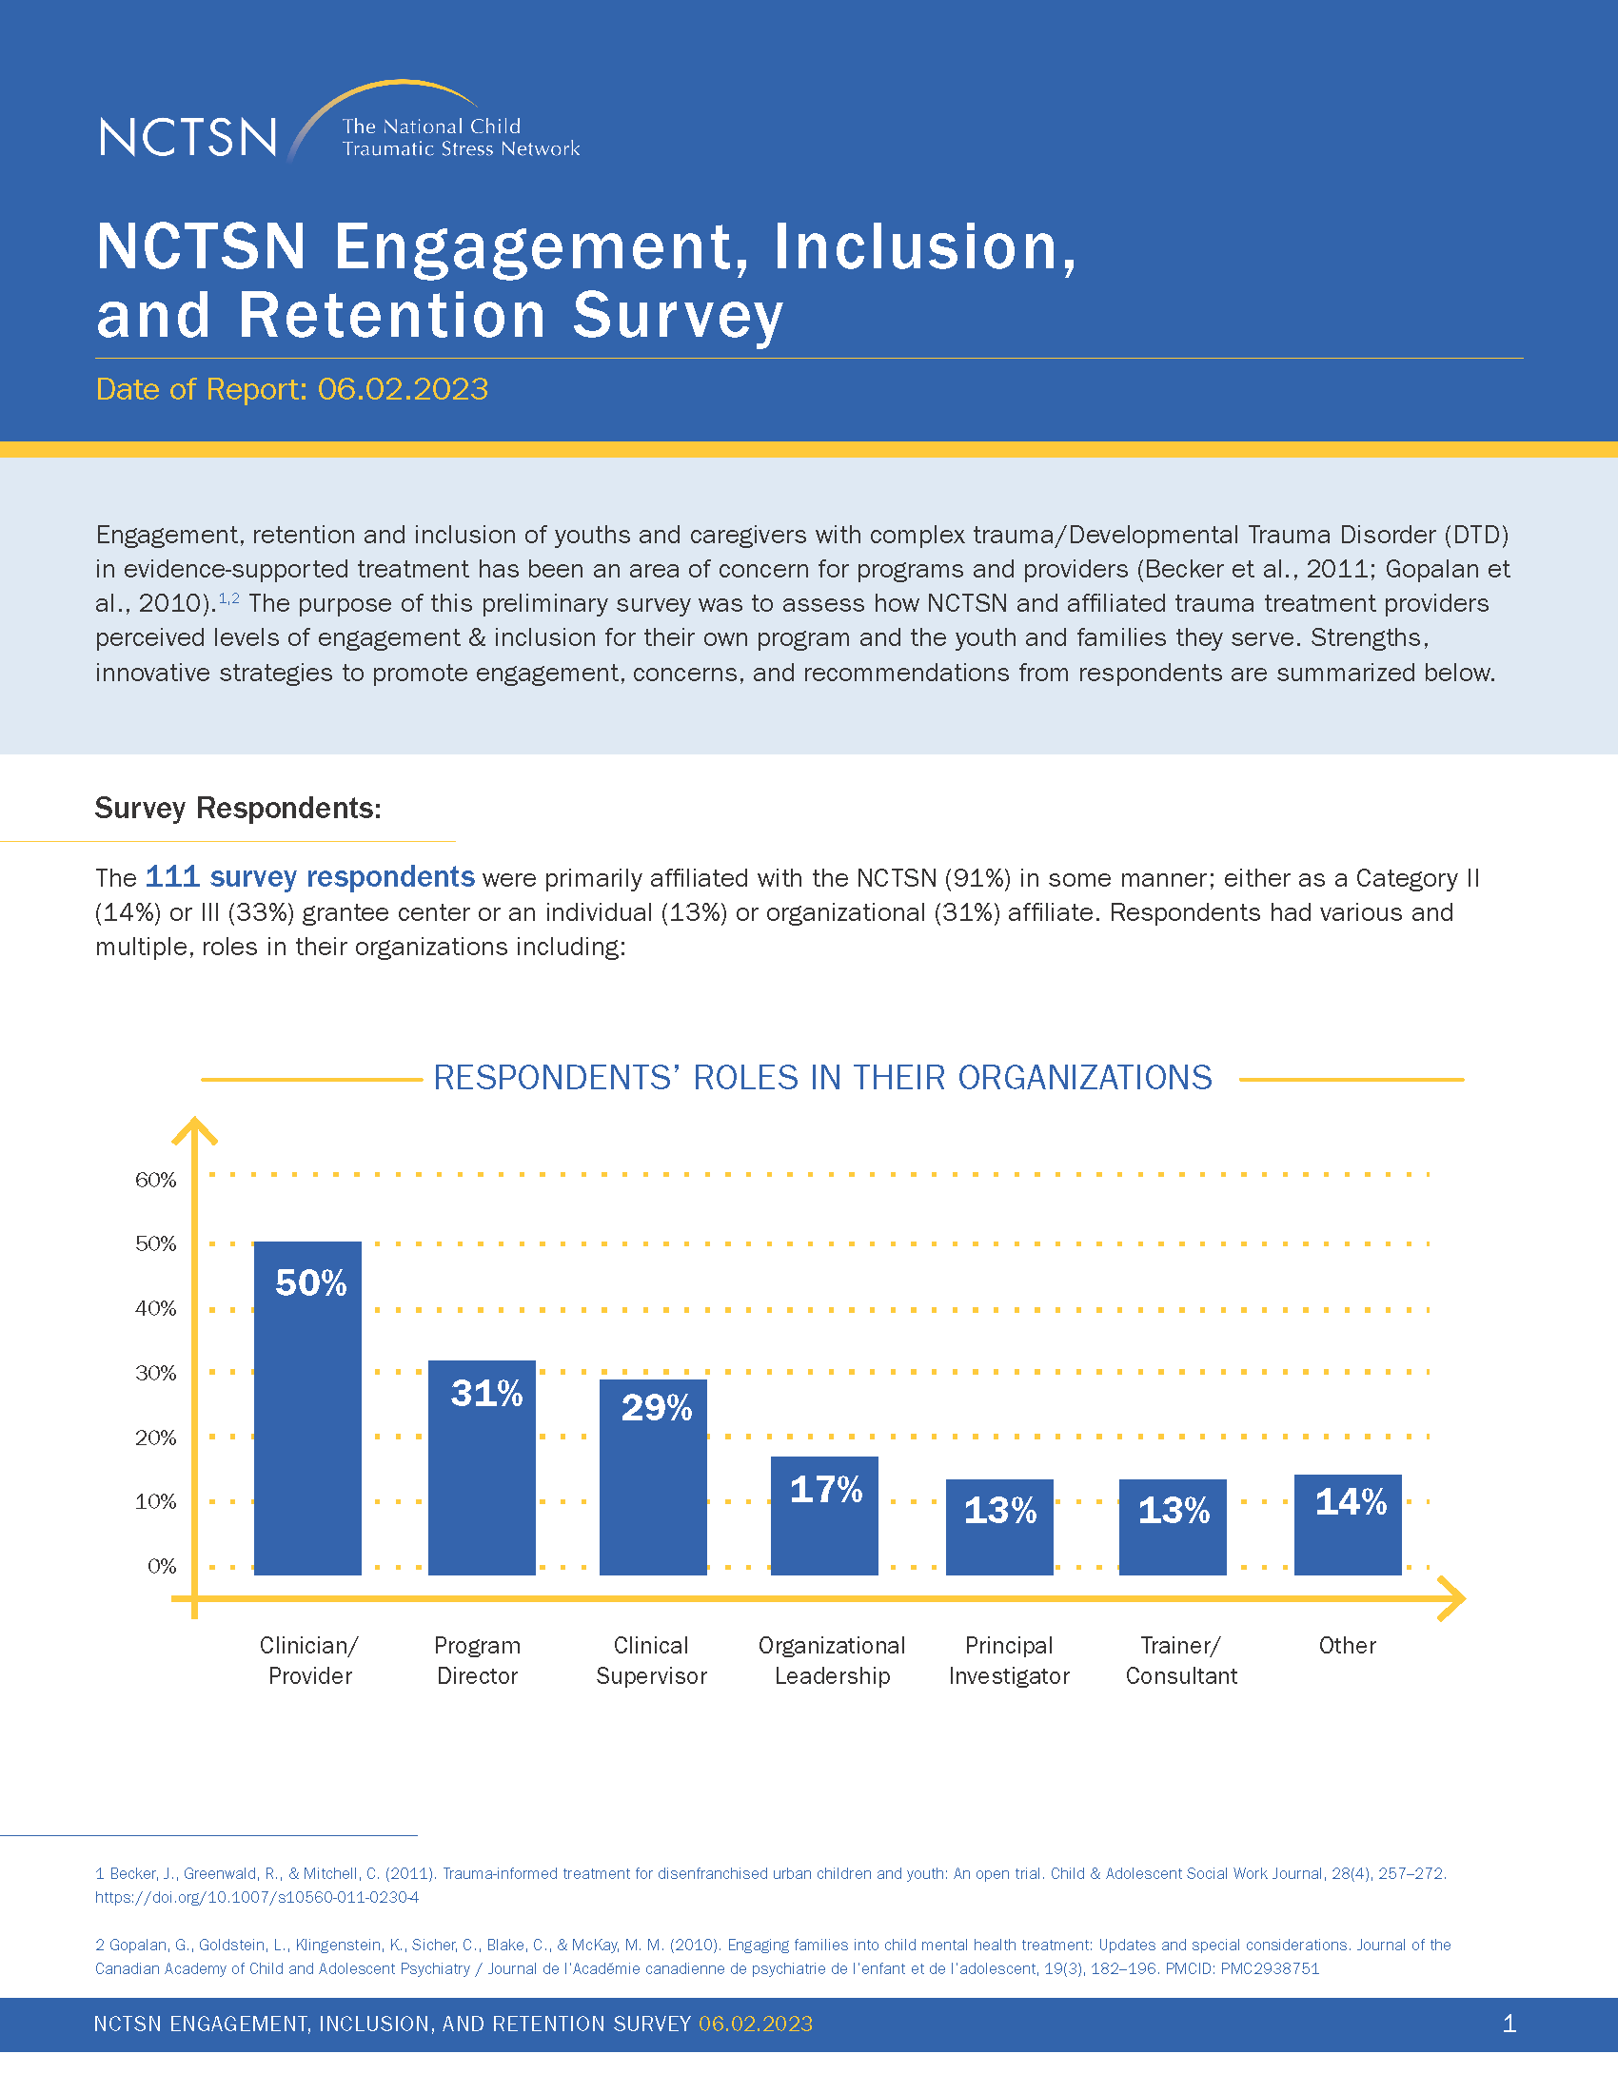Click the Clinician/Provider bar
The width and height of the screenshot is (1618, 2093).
point(307,1408)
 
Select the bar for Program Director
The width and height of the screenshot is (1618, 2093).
point(483,1467)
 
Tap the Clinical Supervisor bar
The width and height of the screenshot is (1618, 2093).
point(654,1477)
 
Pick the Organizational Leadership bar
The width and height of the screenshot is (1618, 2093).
point(824,1516)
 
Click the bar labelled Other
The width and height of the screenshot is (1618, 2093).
point(1348,1525)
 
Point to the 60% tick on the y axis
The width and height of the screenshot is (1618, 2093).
point(156,1180)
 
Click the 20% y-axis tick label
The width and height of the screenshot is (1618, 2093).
point(156,1438)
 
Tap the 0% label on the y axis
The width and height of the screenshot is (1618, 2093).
point(162,1566)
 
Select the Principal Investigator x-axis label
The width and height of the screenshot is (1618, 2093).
point(1009,1661)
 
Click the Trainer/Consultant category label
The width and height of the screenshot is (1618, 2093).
point(1181,1661)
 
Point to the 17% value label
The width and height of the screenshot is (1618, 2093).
point(826,1489)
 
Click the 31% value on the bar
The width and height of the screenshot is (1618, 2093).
point(487,1394)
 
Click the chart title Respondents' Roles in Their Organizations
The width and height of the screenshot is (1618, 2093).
point(822,1078)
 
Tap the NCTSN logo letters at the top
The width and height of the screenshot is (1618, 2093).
point(187,137)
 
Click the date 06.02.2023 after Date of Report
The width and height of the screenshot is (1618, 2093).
point(403,389)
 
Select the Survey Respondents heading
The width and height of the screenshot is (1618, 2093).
point(238,808)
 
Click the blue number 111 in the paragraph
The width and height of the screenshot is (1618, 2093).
point(172,876)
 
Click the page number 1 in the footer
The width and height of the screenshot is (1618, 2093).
point(1509,2024)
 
